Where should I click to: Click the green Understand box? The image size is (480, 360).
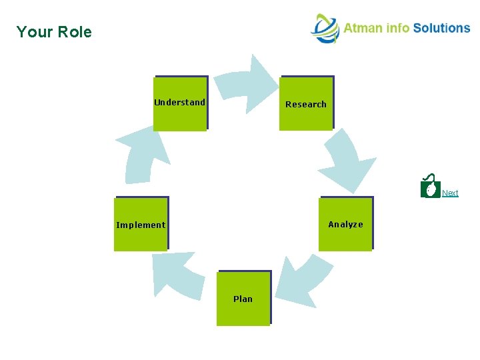coord(180,103)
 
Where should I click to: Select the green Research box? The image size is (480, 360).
coord(306,103)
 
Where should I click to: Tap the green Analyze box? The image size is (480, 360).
coord(345,224)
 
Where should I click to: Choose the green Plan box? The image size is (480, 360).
coord(243,298)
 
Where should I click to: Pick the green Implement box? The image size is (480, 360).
coord(141,224)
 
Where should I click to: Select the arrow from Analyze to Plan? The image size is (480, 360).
coord(303,280)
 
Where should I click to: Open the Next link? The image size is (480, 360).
coord(450,193)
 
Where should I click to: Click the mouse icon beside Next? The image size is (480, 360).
coord(431,188)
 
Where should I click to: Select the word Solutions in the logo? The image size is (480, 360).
coord(441,28)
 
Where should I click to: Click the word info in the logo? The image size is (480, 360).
coord(399,28)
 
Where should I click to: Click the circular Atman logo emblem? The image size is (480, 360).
coord(325,29)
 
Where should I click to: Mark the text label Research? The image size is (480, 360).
coord(306,104)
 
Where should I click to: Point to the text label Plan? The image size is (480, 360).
coord(243,299)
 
